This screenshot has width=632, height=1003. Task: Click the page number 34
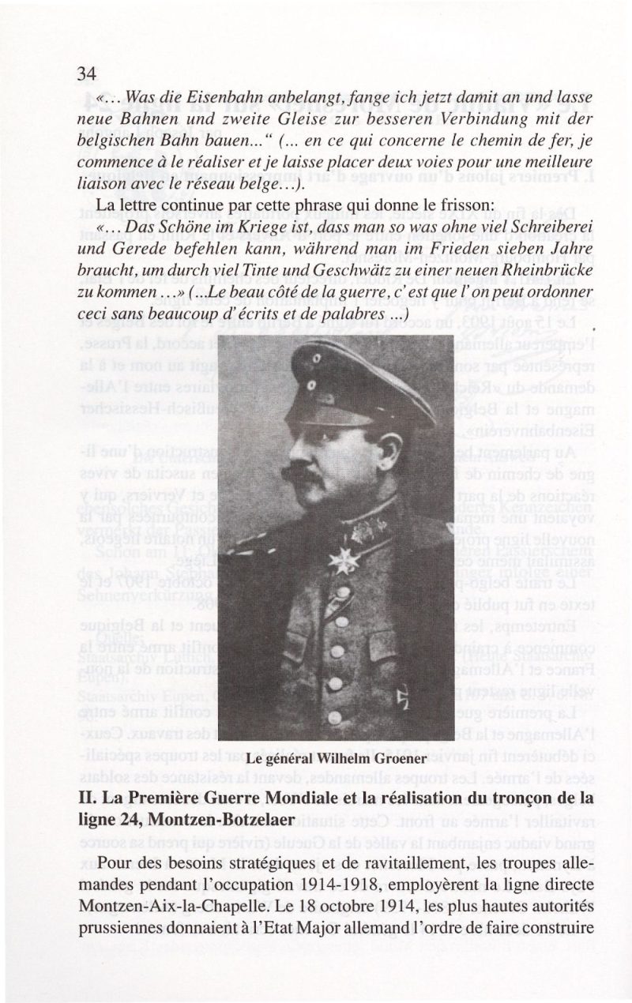tap(87, 73)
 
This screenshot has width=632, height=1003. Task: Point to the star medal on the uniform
tap(344, 559)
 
